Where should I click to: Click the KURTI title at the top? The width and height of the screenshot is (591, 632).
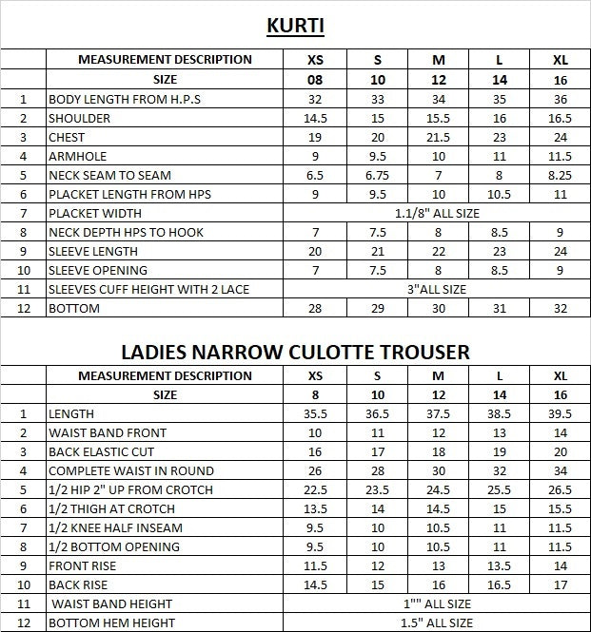coord(295,25)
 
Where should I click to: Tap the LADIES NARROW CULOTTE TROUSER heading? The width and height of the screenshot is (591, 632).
coord(295,352)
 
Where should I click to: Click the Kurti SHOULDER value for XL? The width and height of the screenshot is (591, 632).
coord(560,118)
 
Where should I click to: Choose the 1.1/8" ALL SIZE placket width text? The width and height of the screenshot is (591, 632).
coord(438,213)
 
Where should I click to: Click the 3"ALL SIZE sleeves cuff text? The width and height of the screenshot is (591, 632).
coord(438,289)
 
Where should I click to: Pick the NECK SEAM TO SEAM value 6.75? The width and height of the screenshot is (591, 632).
coord(377,175)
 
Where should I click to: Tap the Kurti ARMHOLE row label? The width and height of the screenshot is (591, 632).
coord(78,156)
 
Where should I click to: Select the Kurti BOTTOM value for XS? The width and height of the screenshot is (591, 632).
coord(315,309)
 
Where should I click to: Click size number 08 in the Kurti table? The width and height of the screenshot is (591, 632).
coord(315,80)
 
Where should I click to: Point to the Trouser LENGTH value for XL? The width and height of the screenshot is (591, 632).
coord(560,413)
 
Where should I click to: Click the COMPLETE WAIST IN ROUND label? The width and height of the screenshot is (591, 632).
coord(131,470)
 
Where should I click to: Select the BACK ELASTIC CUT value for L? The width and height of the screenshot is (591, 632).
coord(500,451)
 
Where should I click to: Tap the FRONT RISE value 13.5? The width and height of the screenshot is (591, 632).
coord(500,565)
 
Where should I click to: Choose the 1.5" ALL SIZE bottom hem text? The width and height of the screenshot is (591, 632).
coord(438,622)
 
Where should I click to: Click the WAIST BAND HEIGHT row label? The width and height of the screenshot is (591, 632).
coord(112,603)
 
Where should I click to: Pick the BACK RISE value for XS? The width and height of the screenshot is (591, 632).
coord(315,584)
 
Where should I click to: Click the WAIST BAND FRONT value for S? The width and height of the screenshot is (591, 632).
coord(377,432)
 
